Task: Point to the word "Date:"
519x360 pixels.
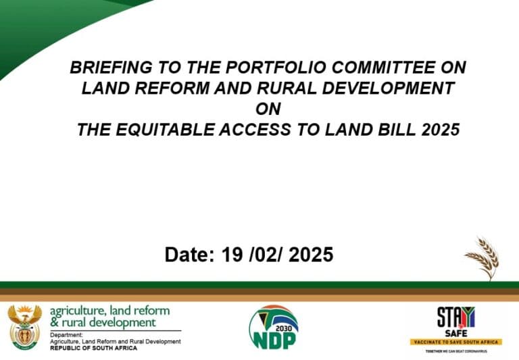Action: (x=188, y=255)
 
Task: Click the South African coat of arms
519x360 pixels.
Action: (x=24, y=327)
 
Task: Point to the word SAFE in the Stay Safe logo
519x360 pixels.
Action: (x=455, y=332)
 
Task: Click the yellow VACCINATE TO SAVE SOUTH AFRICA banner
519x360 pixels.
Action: (x=455, y=342)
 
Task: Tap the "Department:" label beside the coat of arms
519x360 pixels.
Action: (x=66, y=334)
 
